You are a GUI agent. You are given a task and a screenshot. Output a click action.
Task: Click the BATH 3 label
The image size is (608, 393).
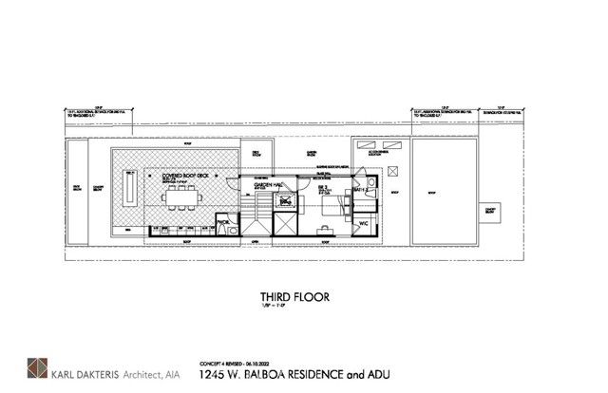coord(362,191)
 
